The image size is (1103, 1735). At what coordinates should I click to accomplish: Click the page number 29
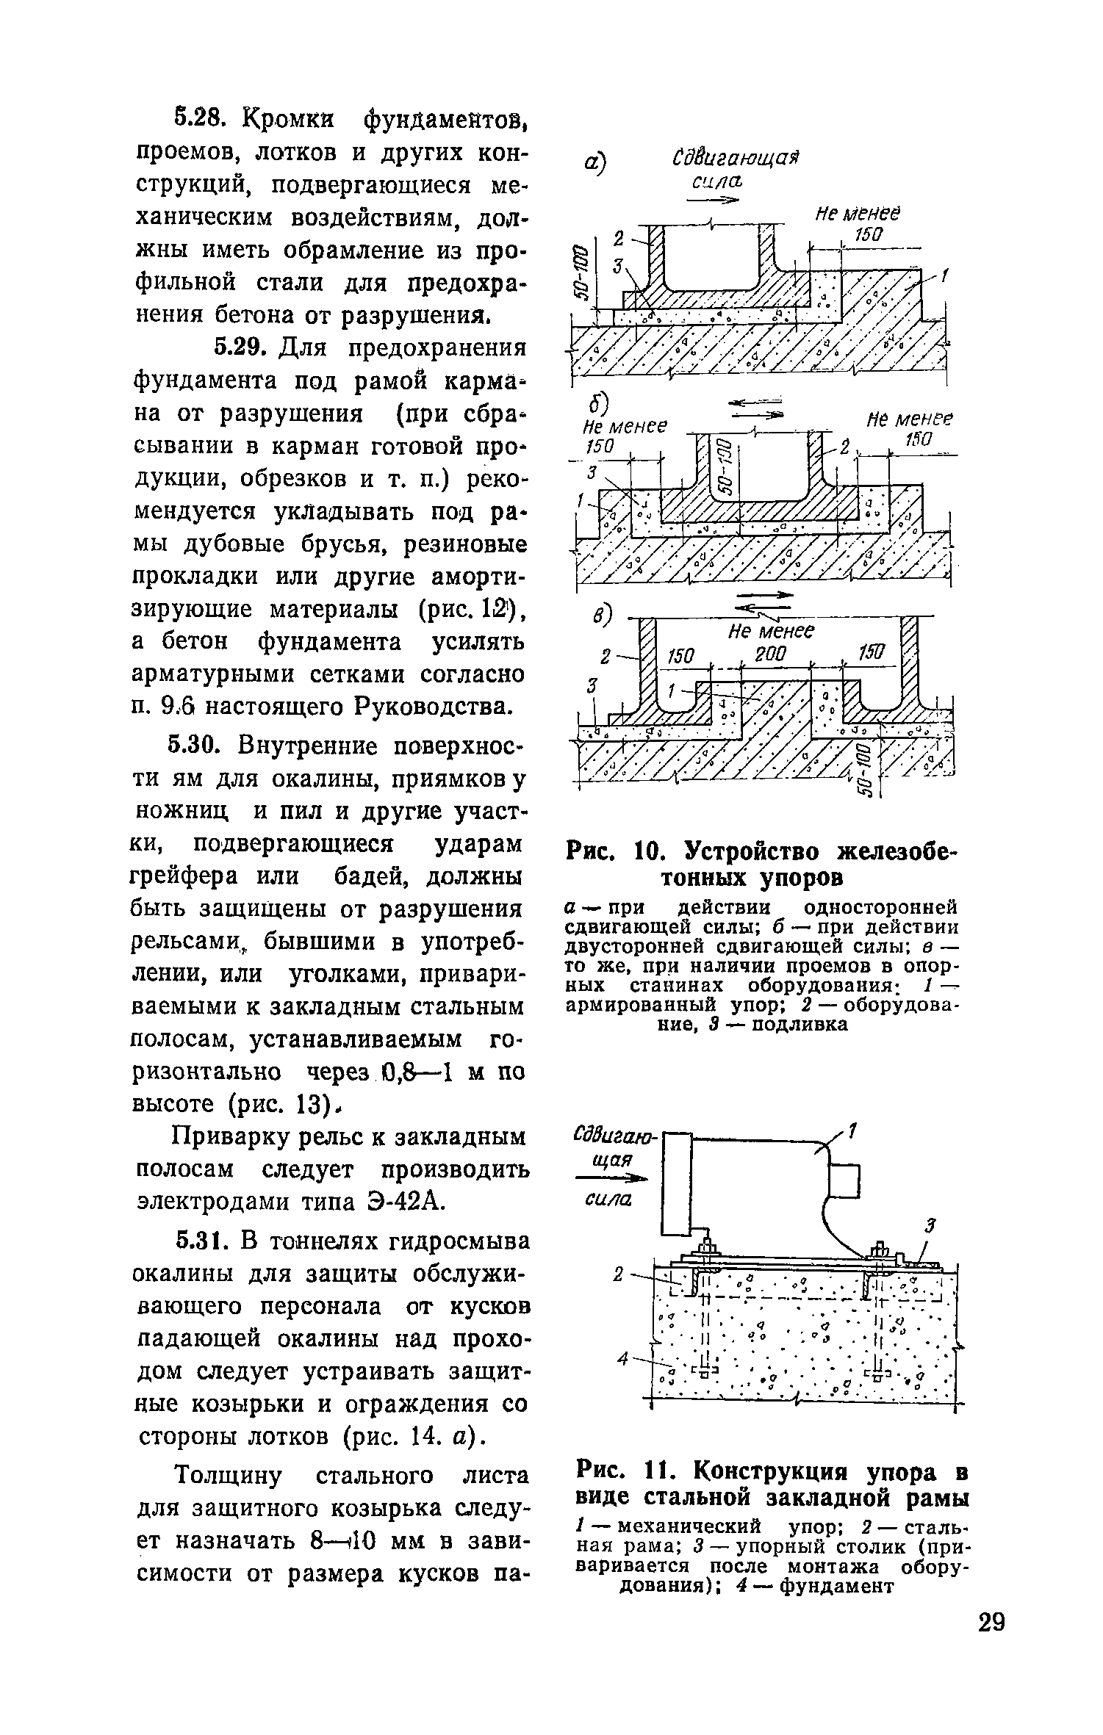(991, 1662)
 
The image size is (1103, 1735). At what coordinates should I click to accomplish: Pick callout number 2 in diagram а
(618, 239)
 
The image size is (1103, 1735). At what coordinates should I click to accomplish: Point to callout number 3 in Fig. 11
(931, 1225)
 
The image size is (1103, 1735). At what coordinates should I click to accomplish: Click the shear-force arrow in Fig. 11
(614, 1179)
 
